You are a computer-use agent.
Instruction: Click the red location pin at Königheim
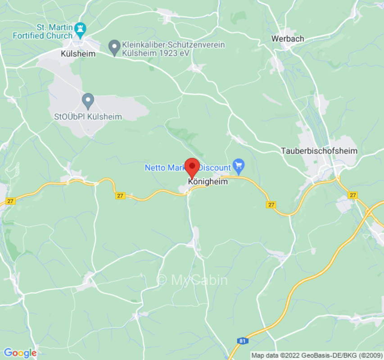click(193, 167)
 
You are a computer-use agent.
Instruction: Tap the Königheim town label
click(208, 182)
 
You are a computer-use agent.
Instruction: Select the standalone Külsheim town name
click(78, 54)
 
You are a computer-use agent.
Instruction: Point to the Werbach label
click(287, 39)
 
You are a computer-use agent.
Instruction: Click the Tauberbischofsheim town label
click(319, 151)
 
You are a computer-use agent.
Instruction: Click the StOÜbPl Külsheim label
click(88, 117)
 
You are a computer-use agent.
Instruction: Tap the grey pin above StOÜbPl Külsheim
click(88, 100)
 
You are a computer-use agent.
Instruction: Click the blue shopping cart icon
click(238, 166)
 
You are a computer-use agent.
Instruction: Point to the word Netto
click(154, 167)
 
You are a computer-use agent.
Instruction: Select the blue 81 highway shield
click(243, 341)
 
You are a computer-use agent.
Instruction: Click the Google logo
click(20, 353)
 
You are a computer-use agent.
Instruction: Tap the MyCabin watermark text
click(192, 280)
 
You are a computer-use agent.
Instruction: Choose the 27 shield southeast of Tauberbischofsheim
click(352, 195)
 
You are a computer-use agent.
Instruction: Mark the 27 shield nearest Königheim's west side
click(120, 196)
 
